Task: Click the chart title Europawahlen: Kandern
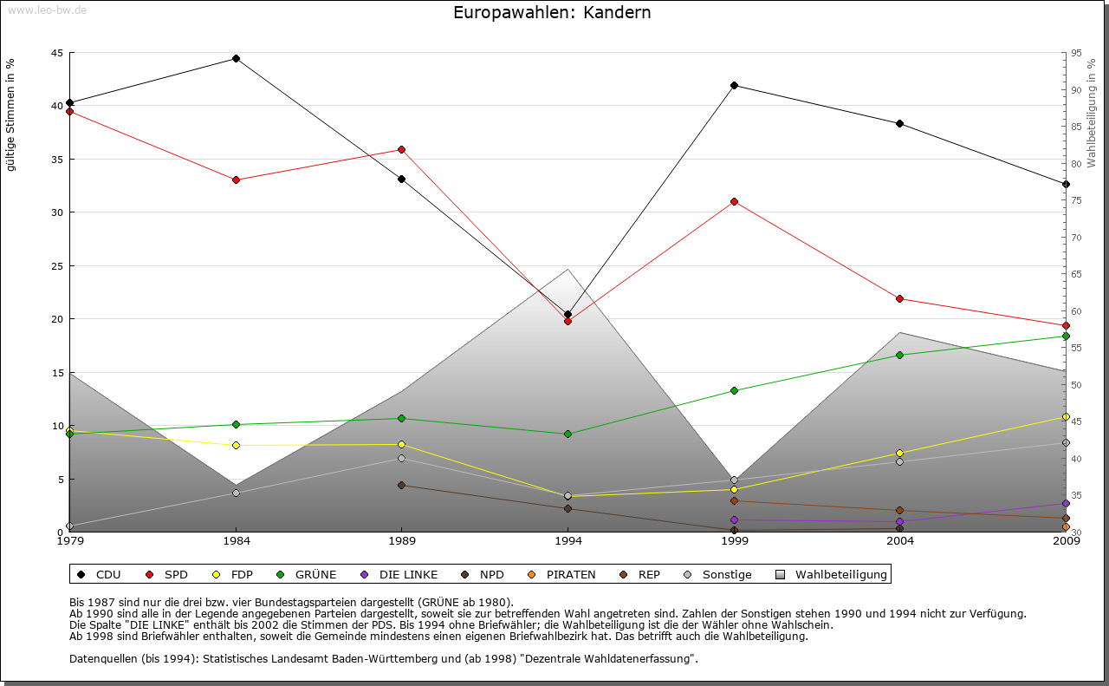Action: click(x=552, y=13)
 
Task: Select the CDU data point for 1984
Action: click(x=236, y=59)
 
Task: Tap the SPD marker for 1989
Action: click(x=401, y=149)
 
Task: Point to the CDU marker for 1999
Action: click(x=734, y=85)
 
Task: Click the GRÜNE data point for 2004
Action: click(x=900, y=355)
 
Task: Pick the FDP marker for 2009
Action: click(x=1066, y=416)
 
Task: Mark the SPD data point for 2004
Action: click(x=900, y=298)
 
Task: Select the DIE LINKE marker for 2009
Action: click(x=1066, y=503)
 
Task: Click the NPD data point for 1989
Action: click(x=401, y=485)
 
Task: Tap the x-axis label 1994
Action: click(x=568, y=542)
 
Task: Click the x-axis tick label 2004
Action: click(x=900, y=542)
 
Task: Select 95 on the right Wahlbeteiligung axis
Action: click(x=1076, y=53)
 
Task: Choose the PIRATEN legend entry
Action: click(x=563, y=574)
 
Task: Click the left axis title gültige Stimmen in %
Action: click(x=11, y=115)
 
